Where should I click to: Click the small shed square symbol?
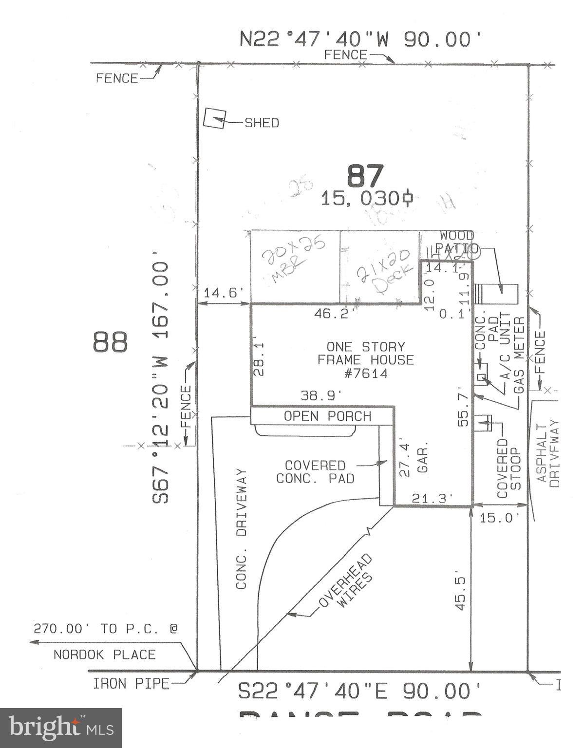tap(214, 118)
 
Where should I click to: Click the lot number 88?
tap(111, 342)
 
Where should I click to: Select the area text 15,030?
tap(368, 198)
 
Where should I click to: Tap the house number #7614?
tap(365, 374)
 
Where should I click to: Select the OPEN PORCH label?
tap(327, 416)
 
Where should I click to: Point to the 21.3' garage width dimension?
tap(433, 498)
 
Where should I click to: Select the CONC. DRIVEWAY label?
tap(242, 529)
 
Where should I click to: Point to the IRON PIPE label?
tap(131, 684)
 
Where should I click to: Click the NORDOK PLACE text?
tap(104, 654)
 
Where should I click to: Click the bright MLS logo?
tap(61, 728)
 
